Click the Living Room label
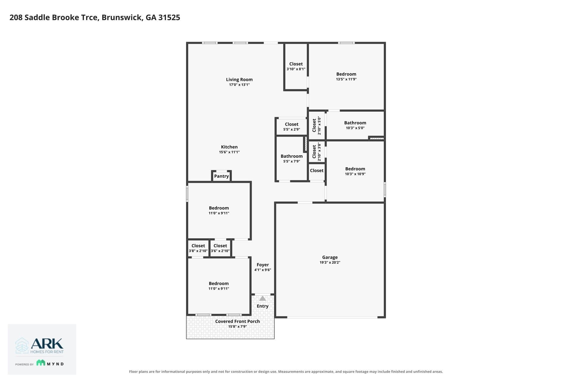pos(239,79)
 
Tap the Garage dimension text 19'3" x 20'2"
pos(330,263)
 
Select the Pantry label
pos(221,176)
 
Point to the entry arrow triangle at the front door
pos(262,298)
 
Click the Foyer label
pos(263,265)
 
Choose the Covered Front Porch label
pos(237,321)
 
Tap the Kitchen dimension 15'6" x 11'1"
pos(229,152)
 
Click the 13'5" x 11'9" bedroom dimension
pos(346,79)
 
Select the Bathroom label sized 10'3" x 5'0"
pos(355,123)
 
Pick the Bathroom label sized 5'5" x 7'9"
pos(292,156)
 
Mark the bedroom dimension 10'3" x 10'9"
pos(355,174)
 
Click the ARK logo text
pos(47,344)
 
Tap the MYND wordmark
pos(55,364)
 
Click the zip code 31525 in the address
pos(169,18)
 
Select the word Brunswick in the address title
pos(122,18)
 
